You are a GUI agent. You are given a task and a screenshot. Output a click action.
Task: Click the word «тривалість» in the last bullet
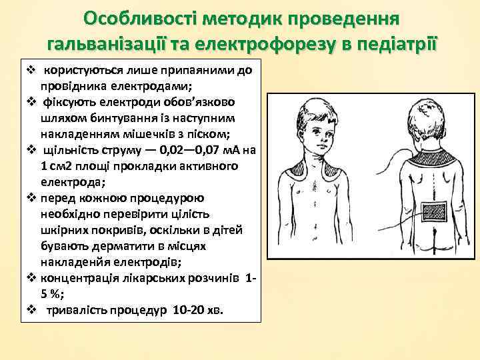(x=77, y=311)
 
